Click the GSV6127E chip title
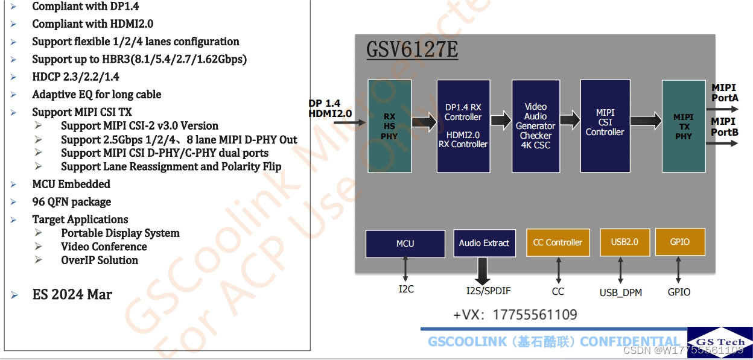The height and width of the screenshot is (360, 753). (412, 49)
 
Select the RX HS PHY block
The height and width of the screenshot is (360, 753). (390, 126)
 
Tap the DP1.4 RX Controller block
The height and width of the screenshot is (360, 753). (463, 126)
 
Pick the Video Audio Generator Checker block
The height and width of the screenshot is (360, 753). (536, 126)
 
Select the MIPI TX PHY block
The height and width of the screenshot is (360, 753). (684, 126)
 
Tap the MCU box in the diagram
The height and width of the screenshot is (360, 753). (405, 243)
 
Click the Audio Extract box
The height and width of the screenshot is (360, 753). (484, 243)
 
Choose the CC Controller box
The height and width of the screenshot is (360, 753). (558, 242)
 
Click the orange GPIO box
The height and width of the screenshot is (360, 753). (679, 242)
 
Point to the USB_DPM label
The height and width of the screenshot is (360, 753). (620, 292)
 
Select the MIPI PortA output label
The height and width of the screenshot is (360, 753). (724, 93)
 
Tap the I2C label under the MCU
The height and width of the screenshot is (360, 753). (406, 289)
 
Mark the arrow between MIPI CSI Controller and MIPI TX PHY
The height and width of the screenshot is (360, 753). (646, 121)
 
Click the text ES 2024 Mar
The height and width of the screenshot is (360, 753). (72, 295)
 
